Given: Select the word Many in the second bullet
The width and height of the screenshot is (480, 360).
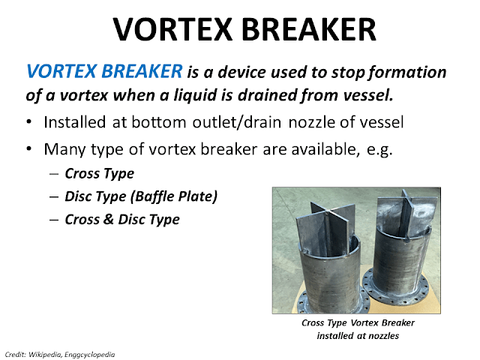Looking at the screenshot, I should click(63, 148).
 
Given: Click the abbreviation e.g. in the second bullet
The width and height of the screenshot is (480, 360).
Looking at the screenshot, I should click(376, 148).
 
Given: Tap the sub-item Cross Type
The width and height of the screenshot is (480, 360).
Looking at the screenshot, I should click(100, 173).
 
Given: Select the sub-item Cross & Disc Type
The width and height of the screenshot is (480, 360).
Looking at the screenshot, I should click(122, 220).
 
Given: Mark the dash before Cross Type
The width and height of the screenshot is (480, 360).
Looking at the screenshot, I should click(55, 173).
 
